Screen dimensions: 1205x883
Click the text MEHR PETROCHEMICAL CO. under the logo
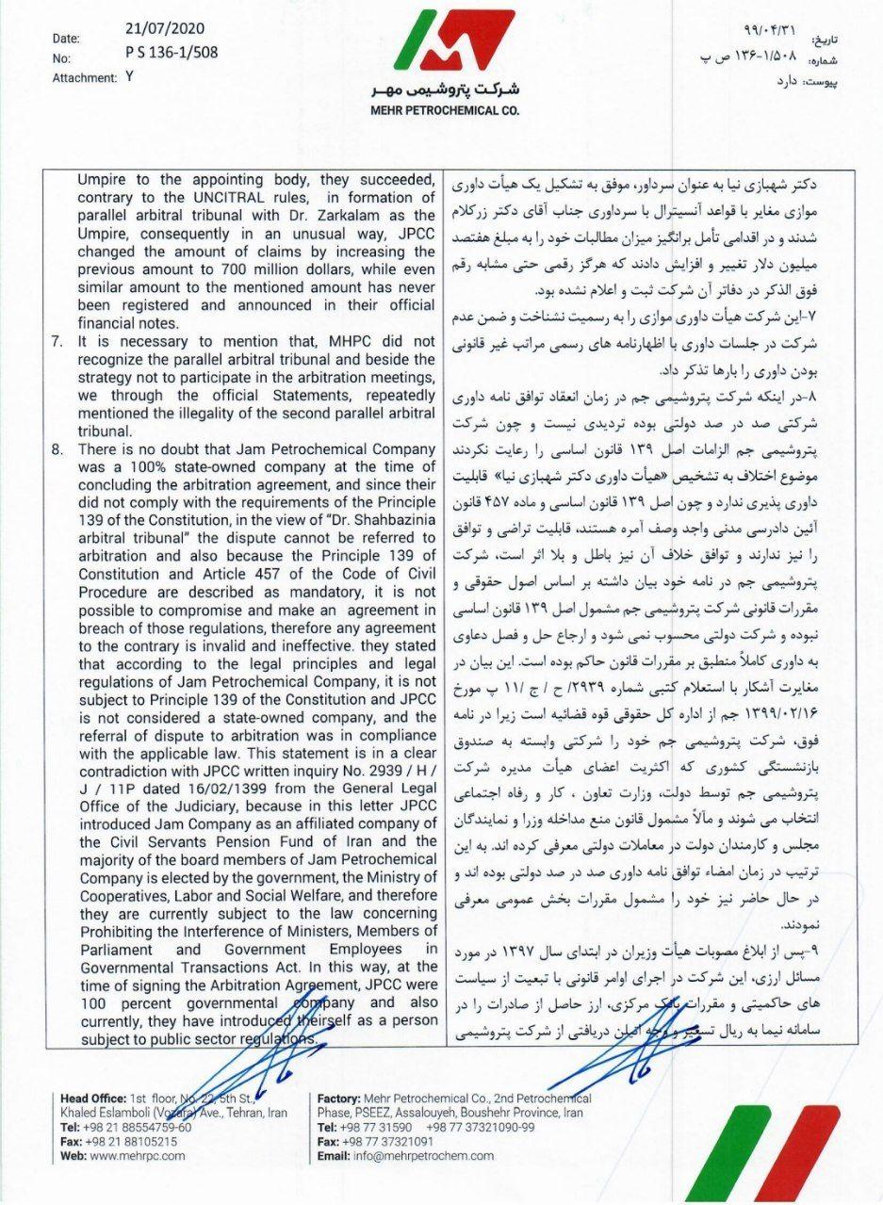pos(444,110)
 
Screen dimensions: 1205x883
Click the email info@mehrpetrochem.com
pos(420,1156)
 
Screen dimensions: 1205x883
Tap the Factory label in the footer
pos(339,1099)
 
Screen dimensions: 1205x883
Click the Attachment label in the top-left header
pos(83,79)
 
